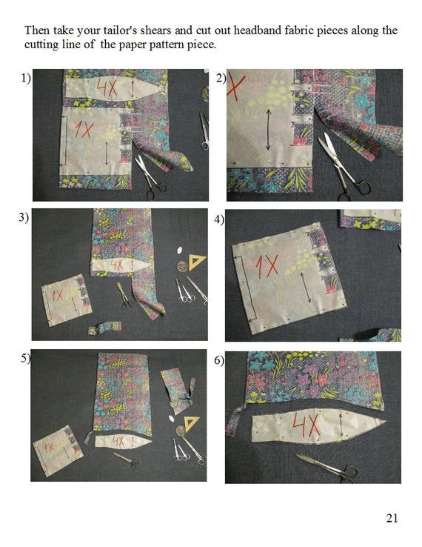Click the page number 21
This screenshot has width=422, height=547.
coord(392,518)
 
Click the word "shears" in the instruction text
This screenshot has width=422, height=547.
coord(155,30)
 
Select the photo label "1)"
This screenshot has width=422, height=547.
coord(26,78)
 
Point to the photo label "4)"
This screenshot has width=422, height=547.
coord(219,220)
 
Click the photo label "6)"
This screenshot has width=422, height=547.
coord(219,360)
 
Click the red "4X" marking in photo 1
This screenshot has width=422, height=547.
coord(107,88)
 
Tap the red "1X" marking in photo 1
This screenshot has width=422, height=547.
coord(84,129)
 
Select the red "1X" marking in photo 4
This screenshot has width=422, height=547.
coord(267,266)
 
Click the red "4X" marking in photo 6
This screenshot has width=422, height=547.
coord(306,424)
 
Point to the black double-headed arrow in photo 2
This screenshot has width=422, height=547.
coord(268,130)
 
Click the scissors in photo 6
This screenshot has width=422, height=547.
coord(327,468)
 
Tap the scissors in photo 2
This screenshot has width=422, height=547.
coord(344,166)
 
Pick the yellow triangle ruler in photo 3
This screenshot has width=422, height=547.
coord(196,262)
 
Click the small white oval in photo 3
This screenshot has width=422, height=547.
coord(180,251)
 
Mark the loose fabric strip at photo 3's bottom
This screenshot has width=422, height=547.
coord(104,328)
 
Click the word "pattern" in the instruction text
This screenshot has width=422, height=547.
coord(166,45)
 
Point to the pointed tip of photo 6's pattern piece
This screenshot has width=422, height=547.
coord(386,422)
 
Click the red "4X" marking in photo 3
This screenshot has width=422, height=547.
coord(117,265)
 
